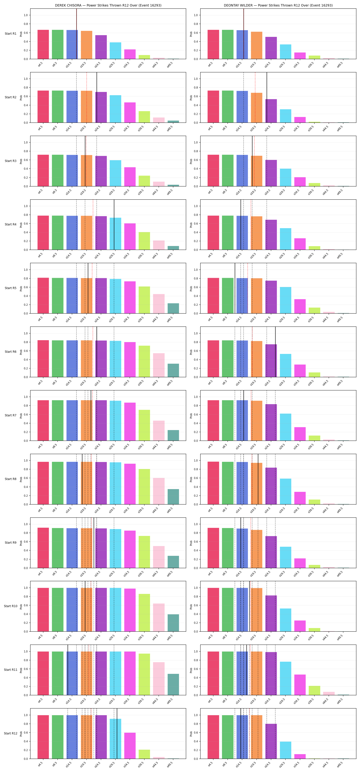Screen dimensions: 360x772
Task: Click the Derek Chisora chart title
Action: point(108,5)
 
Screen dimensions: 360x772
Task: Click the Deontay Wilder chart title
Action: point(278,5)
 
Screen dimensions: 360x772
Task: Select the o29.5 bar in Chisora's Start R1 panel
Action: point(115,51)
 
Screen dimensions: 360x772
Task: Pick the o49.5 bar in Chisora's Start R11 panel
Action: point(173,685)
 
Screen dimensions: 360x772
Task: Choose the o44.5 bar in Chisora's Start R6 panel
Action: point(159,365)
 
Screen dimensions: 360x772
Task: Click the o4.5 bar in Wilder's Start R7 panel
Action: point(213,420)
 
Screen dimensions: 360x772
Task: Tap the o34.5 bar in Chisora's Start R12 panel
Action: point(130,746)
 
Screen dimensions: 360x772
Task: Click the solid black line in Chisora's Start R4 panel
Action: point(114,224)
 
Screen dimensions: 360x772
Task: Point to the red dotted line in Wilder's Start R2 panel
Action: point(255,97)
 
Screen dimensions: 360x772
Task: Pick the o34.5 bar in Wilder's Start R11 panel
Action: point(300,685)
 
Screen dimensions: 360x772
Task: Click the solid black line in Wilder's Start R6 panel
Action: point(275,352)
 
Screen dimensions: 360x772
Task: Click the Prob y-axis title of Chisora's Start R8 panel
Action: point(21,479)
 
